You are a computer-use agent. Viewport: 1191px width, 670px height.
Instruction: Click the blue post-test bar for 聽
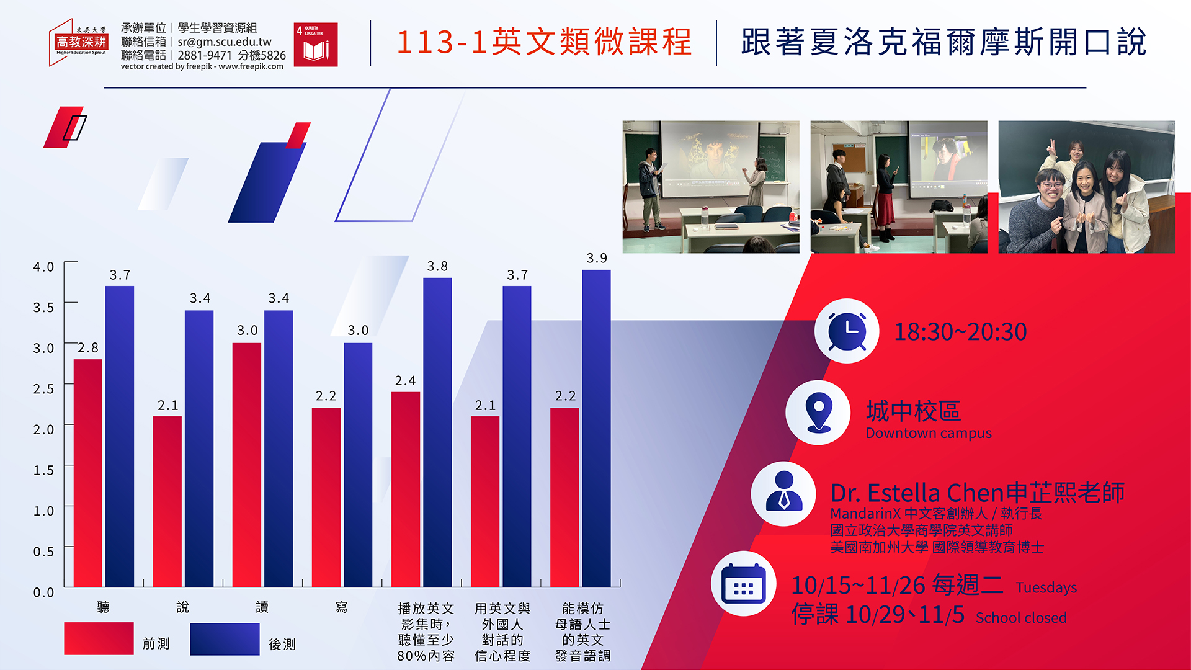point(120,436)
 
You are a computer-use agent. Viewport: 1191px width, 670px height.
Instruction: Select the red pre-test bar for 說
point(167,501)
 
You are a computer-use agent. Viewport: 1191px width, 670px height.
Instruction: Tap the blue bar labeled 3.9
point(596,428)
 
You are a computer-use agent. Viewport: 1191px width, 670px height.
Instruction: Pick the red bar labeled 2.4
point(406,489)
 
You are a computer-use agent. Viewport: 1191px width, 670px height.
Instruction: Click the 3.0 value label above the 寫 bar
point(358,331)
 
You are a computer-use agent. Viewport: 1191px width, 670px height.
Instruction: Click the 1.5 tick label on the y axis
point(43,470)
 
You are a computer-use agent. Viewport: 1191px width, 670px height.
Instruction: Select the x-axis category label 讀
point(262,607)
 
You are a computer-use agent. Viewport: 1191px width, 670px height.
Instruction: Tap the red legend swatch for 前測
point(99,638)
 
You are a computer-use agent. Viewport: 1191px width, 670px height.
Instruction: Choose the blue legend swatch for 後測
point(225,639)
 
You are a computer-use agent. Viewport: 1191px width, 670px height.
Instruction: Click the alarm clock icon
point(847,331)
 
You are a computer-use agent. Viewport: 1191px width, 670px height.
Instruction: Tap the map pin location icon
point(818,413)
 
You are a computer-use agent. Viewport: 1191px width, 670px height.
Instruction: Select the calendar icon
point(744,584)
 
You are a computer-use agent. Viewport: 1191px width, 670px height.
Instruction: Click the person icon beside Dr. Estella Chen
point(783,494)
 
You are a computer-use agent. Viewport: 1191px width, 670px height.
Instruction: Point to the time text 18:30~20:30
point(960,332)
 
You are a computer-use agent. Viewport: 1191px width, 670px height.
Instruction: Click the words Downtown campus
point(929,433)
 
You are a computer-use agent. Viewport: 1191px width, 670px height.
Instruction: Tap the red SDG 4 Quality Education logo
point(316,45)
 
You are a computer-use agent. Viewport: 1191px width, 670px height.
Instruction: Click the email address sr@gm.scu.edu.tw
point(225,42)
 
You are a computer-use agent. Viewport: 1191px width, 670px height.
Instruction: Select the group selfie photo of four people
point(1087,187)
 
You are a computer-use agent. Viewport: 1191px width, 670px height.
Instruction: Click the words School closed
point(1021,618)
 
